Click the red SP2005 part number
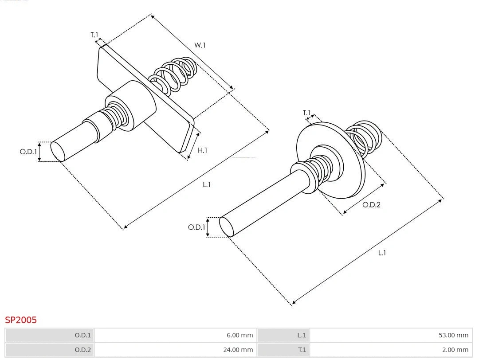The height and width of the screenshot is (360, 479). click(x=21, y=320)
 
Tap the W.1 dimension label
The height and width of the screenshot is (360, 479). click(x=200, y=45)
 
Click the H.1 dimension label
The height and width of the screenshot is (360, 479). click(x=202, y=150)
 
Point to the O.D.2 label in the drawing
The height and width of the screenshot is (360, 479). click(x=371, y=205)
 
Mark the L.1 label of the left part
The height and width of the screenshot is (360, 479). click(x=207, y=184)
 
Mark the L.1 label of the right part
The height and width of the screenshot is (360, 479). click(x=382, y=253)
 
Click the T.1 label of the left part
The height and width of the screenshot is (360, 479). click(x=94, y=35)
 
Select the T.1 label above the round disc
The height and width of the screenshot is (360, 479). click(x=306, y=113)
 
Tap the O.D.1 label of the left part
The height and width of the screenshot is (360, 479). click(x=28, y=152)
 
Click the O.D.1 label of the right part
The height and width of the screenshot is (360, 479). click(x=196, y=227)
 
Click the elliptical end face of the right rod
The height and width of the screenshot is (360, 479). click(x=227, y=227)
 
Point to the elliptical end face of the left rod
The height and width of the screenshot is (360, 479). click(x=58, y=151)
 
